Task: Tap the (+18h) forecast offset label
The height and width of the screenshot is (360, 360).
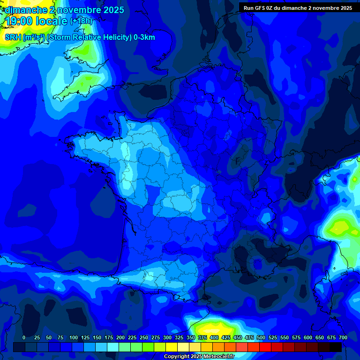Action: (x=81, y=21)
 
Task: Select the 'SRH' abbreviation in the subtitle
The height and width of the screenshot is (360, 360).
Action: (x=13, y=37)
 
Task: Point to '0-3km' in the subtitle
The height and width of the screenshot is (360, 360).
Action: (x=144, y=37)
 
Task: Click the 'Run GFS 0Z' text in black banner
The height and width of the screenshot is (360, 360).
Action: (x=260, y=8)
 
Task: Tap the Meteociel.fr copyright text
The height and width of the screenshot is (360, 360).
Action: (x=199, y=356)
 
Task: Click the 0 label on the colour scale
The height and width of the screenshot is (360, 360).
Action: (x=24, y=337)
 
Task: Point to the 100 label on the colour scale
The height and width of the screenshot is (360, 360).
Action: (x=73, y=337)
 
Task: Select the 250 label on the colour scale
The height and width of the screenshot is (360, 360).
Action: (x=143, y=337)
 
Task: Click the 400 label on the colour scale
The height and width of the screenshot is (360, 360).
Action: (x=214, y=337)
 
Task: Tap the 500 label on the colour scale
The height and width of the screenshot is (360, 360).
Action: (x=261, y=337)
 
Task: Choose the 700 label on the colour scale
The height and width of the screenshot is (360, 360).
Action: (x=343, y=337)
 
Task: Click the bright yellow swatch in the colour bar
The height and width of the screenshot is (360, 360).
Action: (x=172, y=347)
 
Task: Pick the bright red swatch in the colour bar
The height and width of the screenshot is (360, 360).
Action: (x=265, y=347)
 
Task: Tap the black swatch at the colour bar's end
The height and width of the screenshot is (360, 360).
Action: (x=336, y=347)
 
